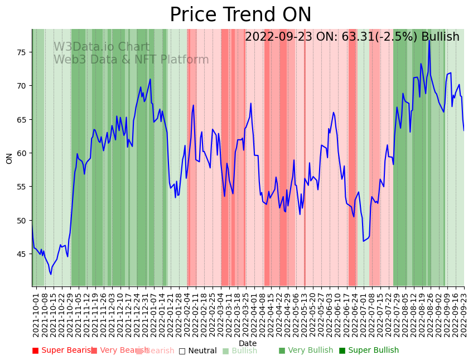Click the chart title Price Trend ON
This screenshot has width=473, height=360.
click(240, 15)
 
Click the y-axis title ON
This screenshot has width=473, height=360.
click(9, 158)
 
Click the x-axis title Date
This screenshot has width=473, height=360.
click(248, 343)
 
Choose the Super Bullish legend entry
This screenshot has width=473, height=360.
click(369, 351)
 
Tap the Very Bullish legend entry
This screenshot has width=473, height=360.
click(306, 351)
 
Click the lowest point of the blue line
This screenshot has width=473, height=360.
click(51, 274)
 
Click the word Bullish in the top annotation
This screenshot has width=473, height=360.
click(440, 37)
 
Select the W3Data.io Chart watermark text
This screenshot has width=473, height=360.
click(102, 47)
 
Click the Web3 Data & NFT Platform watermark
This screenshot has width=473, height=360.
click(131, 60)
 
